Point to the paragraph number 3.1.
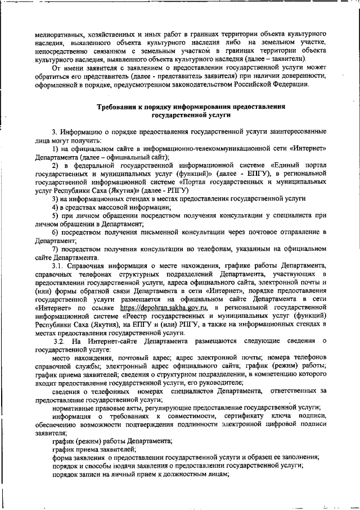click(x=58, y=265)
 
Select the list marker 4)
click(x=55, y=209)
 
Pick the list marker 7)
click(x=55, y=249)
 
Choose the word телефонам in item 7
click(x=209, y=249)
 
